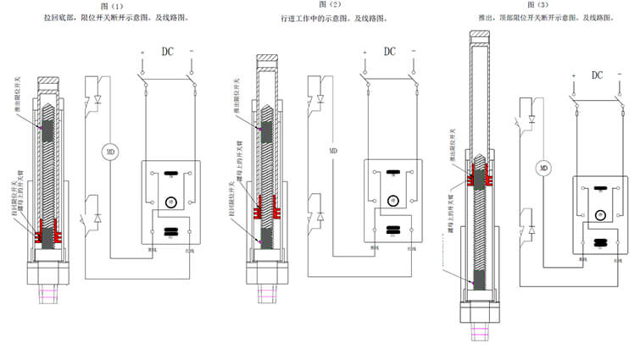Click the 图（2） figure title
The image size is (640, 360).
(x=324, y=6)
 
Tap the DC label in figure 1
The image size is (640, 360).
(x=169, y=52)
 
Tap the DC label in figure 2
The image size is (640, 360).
(x=390, y=52)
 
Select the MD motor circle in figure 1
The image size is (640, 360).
(x=109, y=152)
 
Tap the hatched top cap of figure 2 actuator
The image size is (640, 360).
(x=268, y=58)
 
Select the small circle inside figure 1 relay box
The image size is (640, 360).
(x=169, y=200)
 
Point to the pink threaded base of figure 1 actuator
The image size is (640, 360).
(x=48, y=296)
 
